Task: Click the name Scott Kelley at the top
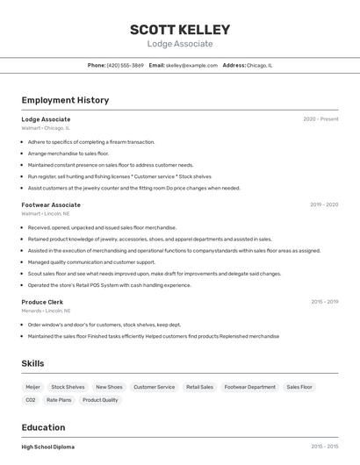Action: pos(180,29)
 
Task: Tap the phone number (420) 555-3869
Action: pos(125,65)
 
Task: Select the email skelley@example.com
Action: pos(191,65)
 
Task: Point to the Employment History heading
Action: pos(65,100)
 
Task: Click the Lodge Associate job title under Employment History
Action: pos(46,118)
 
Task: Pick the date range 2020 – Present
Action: pos(320,118)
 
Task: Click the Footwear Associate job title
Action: pos(51,204)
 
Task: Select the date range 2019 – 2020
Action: pos(324,204)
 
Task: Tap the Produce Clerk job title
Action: pos(42,302)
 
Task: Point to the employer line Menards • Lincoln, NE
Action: pos(46,311)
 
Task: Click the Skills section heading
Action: pos(32,363)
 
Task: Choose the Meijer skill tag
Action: pos(32,387)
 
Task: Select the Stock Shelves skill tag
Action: pos(68,387)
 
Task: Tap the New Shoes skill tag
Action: pos(109,387)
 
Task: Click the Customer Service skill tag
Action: pos(154,387)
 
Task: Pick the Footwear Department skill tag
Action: pos(249,387)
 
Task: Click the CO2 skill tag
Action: pos(31,400)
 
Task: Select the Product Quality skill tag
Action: pos(100,400)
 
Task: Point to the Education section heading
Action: pos(44,427)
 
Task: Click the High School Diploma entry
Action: pos(48,447)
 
